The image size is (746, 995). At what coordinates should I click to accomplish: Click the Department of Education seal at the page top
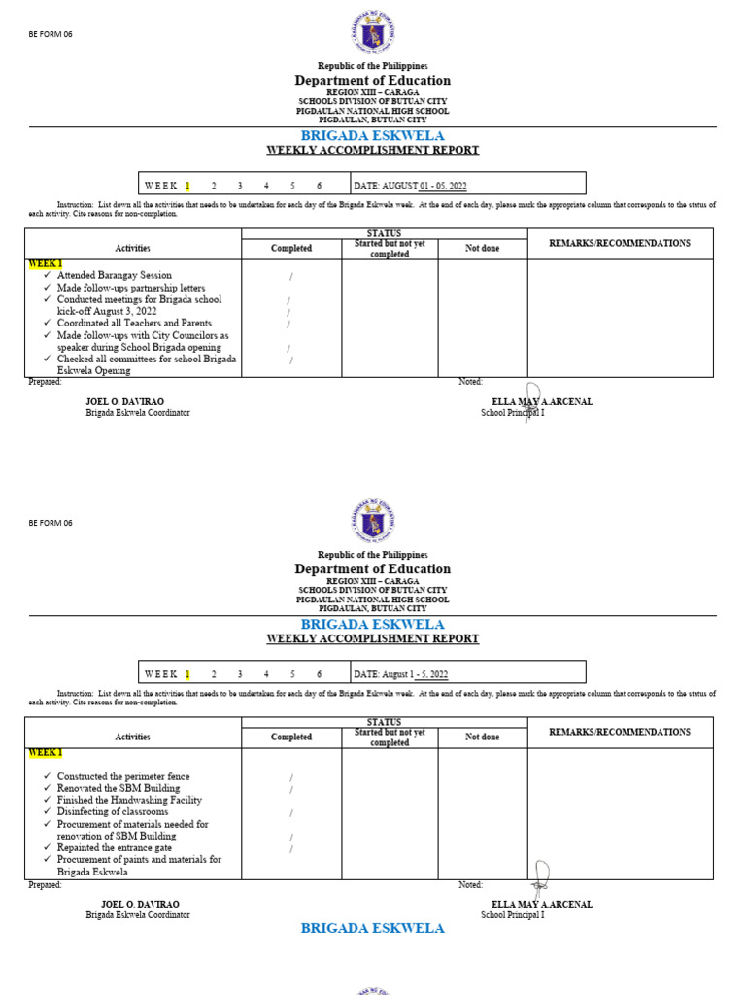[373, 32]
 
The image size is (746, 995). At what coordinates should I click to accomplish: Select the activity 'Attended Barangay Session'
[114, 276]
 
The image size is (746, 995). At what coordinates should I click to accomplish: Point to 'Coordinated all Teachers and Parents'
[134, 323]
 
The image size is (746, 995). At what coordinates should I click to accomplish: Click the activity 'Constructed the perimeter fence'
[123, 776]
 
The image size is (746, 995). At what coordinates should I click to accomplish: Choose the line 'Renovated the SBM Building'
[117, 788]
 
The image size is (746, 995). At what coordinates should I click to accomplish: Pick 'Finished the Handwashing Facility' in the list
[129, 800]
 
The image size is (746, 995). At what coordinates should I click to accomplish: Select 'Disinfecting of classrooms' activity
[113, 811]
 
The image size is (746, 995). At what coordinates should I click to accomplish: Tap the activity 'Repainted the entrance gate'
[115, 847]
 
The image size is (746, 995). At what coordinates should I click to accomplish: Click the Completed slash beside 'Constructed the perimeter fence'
[290, 778]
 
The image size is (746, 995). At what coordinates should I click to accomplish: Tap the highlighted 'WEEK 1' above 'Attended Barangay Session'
[45, 263]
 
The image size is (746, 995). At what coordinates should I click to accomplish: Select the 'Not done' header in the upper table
[482, 249]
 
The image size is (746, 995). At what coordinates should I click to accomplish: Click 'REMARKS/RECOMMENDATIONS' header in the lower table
[620, 732]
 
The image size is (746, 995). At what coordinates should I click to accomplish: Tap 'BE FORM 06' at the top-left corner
[51, 34]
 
